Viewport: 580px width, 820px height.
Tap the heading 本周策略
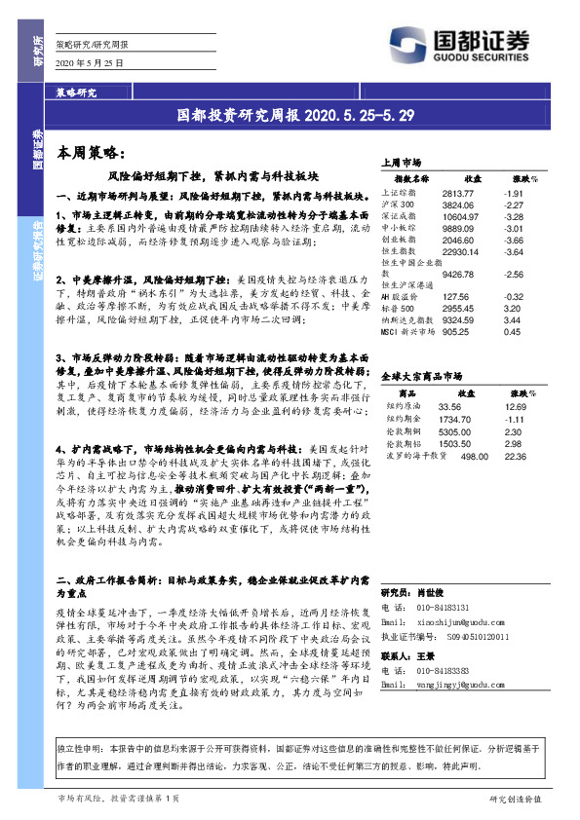click(x=86, y=153)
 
